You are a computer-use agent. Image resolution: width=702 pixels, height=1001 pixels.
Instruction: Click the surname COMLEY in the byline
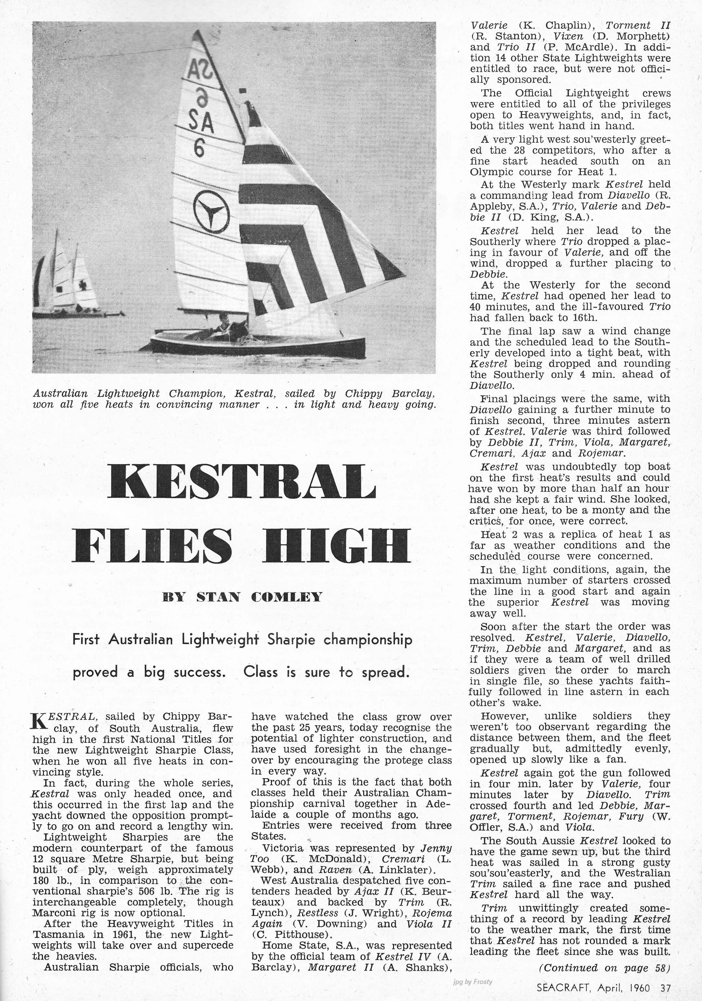(x=287, y=596)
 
